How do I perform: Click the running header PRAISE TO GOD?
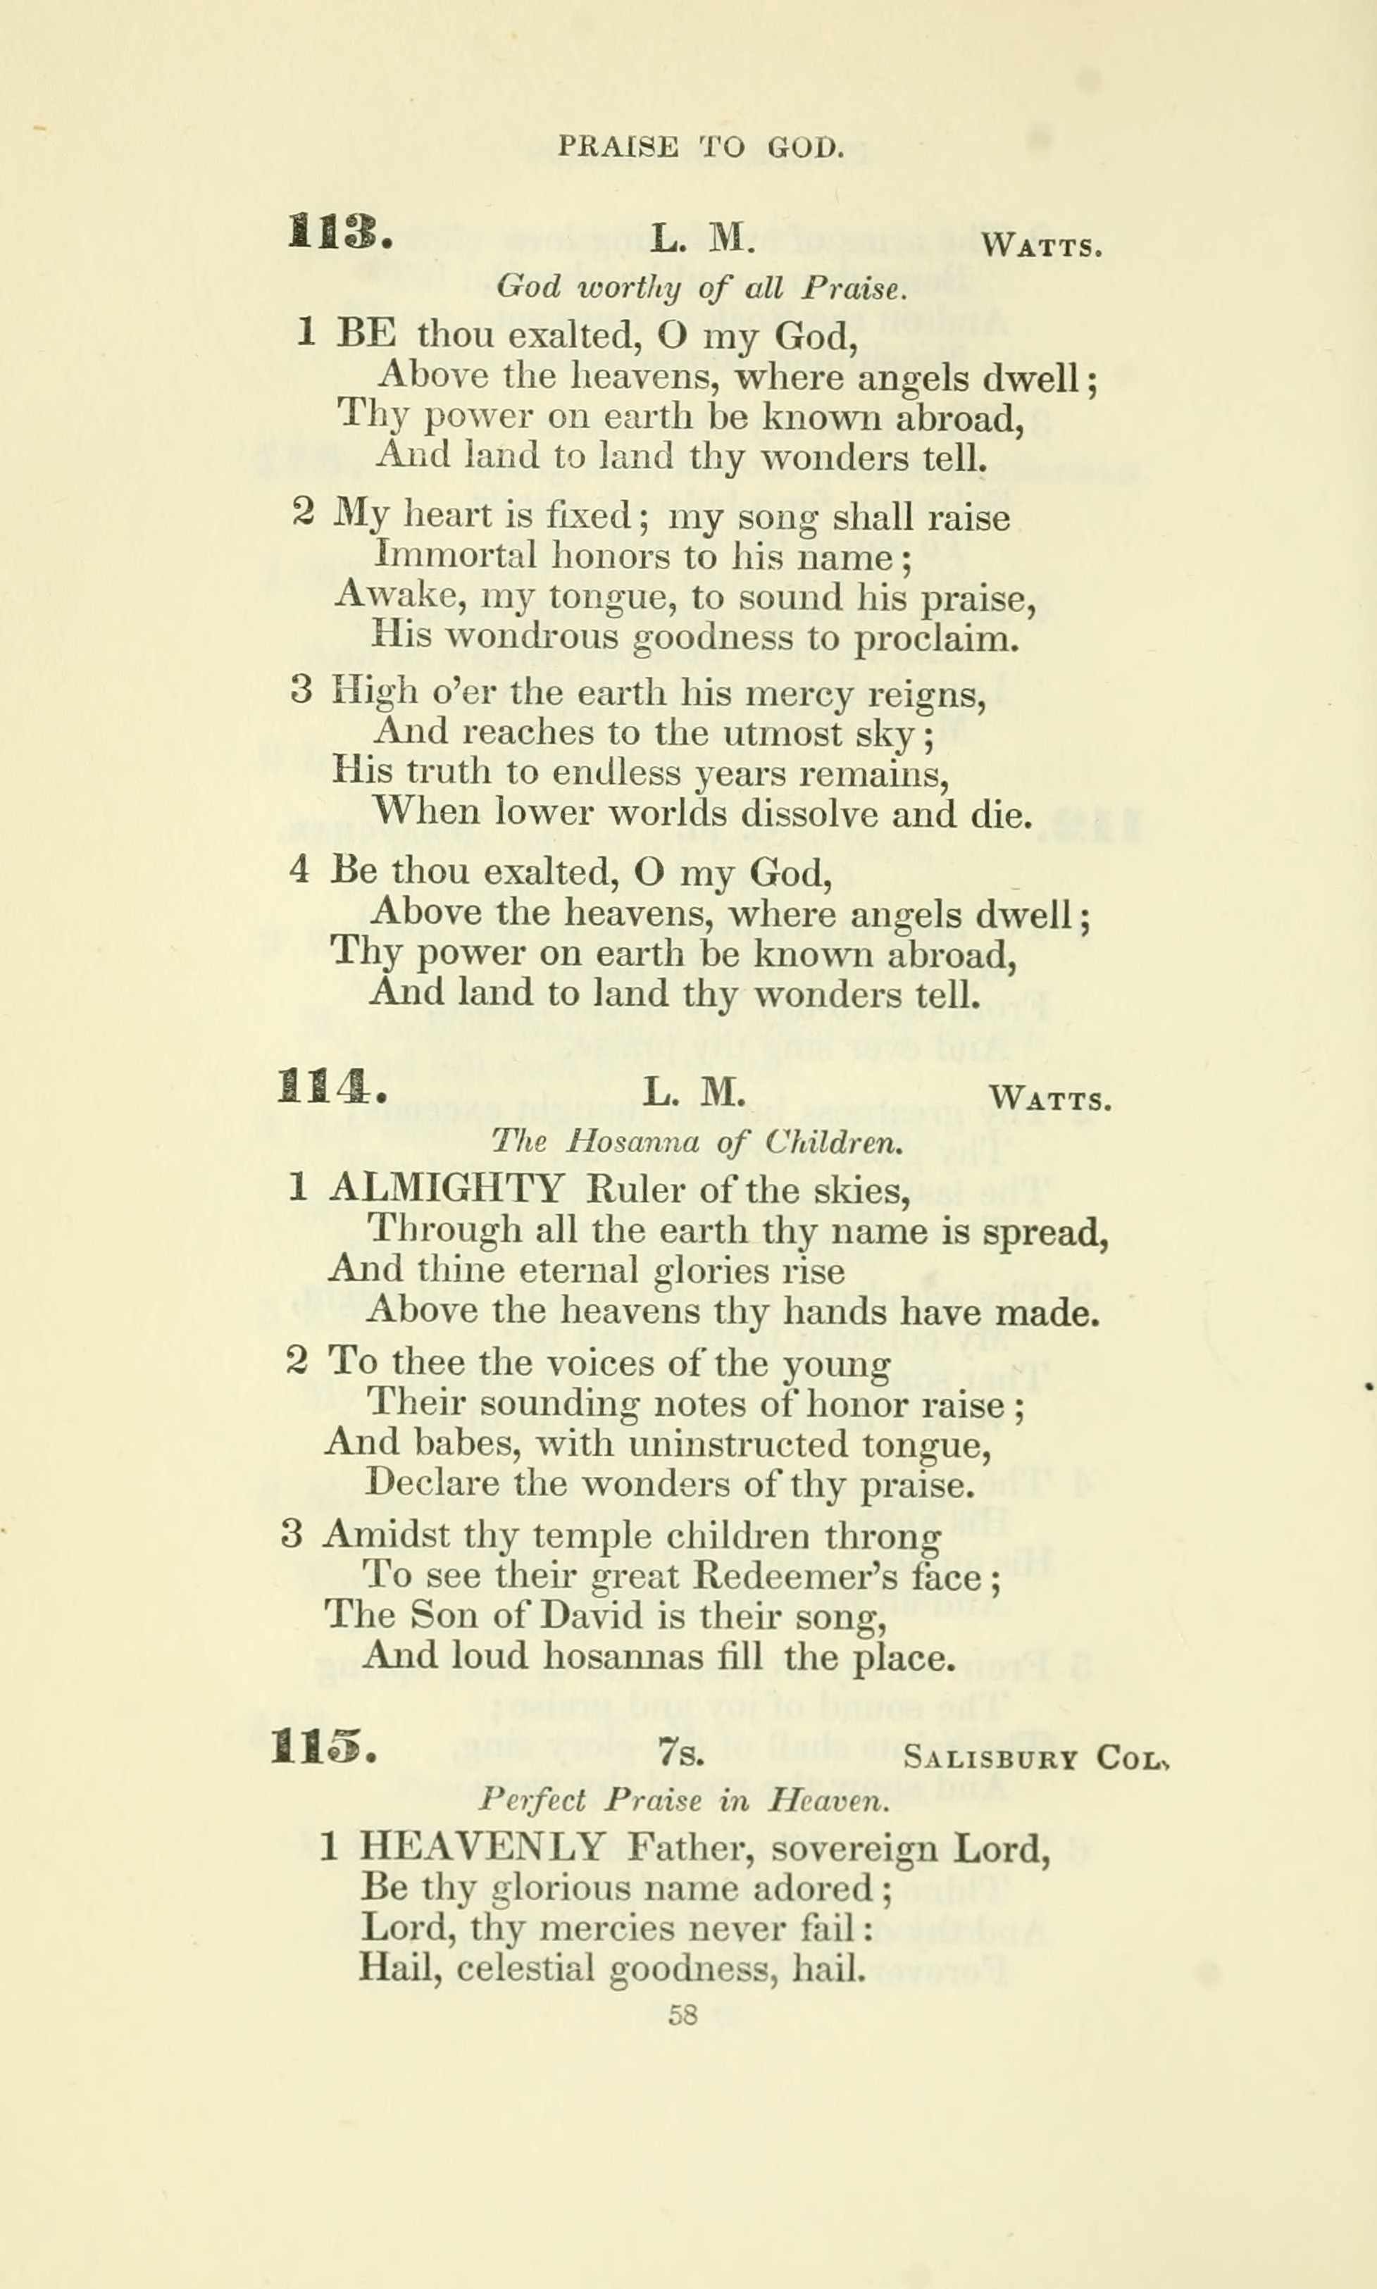[x=701, y=146]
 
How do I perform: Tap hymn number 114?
[x=330, y=1087]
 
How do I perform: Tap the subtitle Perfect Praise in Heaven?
[x=684, y=1801]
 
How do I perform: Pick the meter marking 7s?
[x=682, y=1754]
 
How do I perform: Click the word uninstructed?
[x=739, y=1445]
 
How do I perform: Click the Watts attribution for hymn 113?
[x=1042, y=246]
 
